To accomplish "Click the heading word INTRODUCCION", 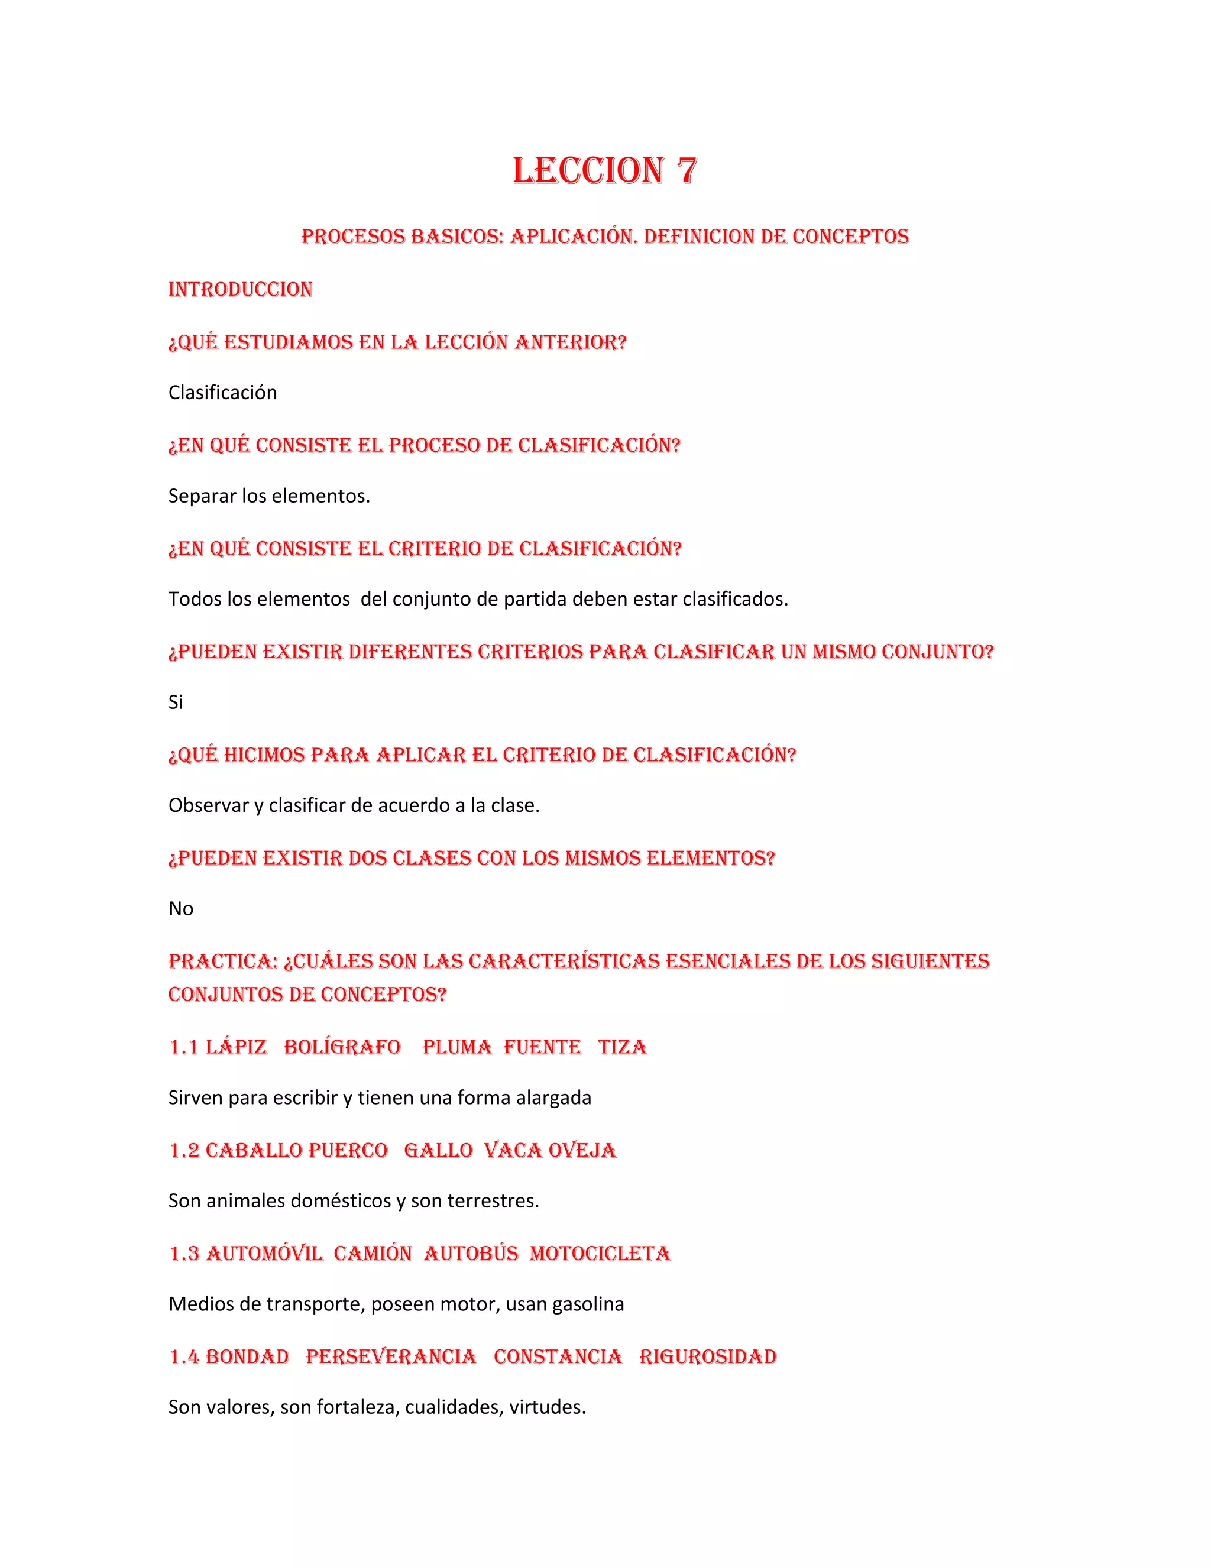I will pos(240,289).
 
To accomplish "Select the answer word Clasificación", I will pos(222,393).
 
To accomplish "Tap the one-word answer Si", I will pos(176,702).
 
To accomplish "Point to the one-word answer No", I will pos(181,909).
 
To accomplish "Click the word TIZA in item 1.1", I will pos(622,1048).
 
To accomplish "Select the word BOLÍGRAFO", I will pos(342,1048).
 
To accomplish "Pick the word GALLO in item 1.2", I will pos(438,1151).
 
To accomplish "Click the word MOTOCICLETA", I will pos(600,1254).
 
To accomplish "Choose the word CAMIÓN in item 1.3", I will pos(373,1254).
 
